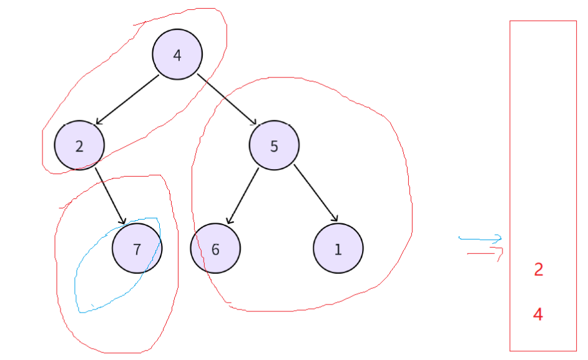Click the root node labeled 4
pyautogui.click(x=177, y=55)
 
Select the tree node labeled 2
pyautogui.click(x=79, y=146)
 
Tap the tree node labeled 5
pyautogui.click(x=274, y=146)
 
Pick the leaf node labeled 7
pyautogui.click(x=137, y=248)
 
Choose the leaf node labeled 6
pyautogui.click(x=215, y=249)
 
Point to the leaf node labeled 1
pyautogui.click(x=338, y=249)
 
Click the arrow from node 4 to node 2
pyautogui.click(x=128, y=99)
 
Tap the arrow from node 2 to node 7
pyautogui.click(x=110, y=195)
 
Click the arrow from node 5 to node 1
pyautogui.click(x=316, y=193)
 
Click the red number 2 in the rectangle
pyautogui.click(x=539, y=270)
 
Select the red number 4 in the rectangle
pyautogui.click(x=538, y=314)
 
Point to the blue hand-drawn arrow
pyautogui.click(x=481, y=238)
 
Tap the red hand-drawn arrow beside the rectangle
pyautogui.click(x=486, y=253)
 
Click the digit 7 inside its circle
pyautogui.click(x=137, y=249)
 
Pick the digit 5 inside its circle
pyautogui.click(x=274, y=147)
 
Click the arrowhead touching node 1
pyautogui.click(x=335, y=218)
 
